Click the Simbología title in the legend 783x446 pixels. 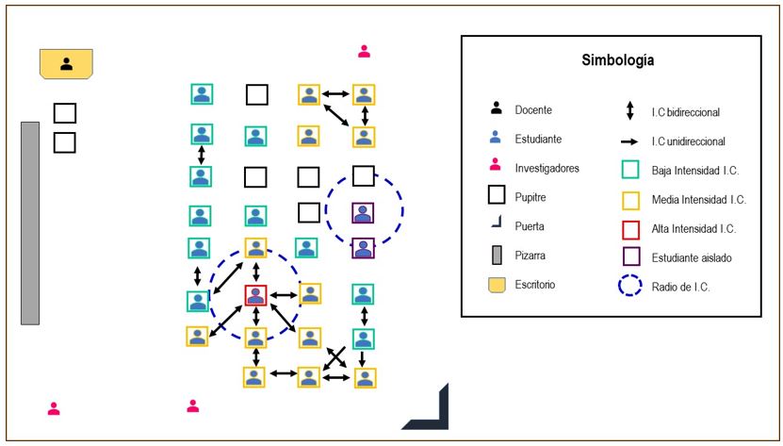[617, 60]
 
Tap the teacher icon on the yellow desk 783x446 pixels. [66, 64]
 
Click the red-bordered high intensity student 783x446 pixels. [255, 295]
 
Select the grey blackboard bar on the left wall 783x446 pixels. [30, 223]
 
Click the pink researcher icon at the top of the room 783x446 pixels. [364, 51]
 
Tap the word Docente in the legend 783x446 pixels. [532, 110]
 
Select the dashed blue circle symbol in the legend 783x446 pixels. [630, 284]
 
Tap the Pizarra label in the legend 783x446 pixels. [531, 256]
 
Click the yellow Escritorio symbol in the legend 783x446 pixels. [496, 284]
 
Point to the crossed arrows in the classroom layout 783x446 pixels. [334, 357]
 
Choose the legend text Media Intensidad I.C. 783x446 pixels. [698, 199]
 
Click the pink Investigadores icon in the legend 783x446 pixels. [496, 168]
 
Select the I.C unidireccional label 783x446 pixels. [688, 141]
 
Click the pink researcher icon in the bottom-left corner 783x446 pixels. [54, 409]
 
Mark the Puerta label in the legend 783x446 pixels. [530, 226]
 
